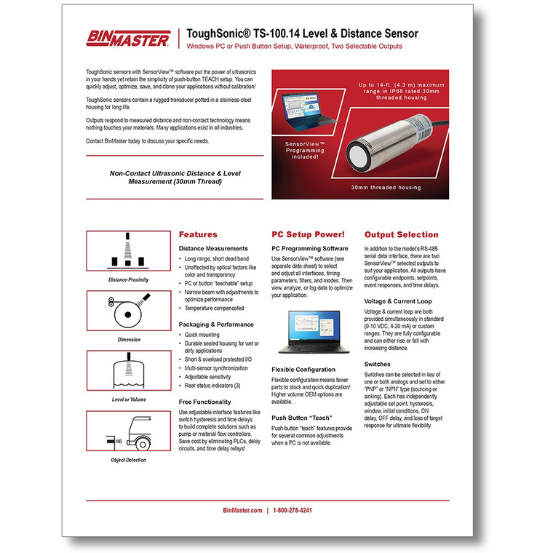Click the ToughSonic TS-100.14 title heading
tap(302, 33)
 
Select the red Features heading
tap(198, 235)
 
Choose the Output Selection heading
tap(401, 235)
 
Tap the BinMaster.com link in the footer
tap(242, 511)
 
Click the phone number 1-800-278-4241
tap(293, 511)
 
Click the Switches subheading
tap(378, 363)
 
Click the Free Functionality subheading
tap(210, 402)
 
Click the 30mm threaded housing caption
tap(386, 188)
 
